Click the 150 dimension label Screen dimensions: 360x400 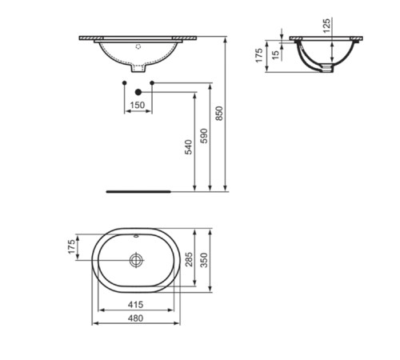point(137,105)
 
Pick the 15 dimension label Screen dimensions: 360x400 point(276,54)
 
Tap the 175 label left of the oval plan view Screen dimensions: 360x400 point(71,247)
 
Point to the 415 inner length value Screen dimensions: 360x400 point(135,305)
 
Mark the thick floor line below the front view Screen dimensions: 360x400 point(140,192)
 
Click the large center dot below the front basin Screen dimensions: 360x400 point(137,92)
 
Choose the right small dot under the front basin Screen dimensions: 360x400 point(151,82)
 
